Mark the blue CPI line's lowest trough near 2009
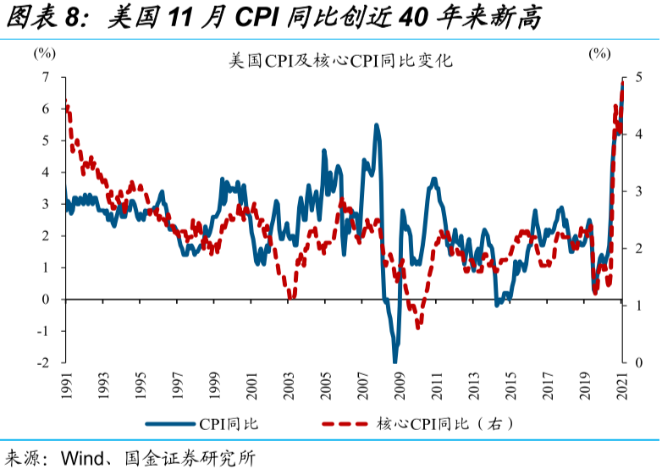[x=395, y=361]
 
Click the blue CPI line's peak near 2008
[x=377, y=125]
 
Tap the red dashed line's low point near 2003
[x=290, y=297]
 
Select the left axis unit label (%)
[x=44, y=52]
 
